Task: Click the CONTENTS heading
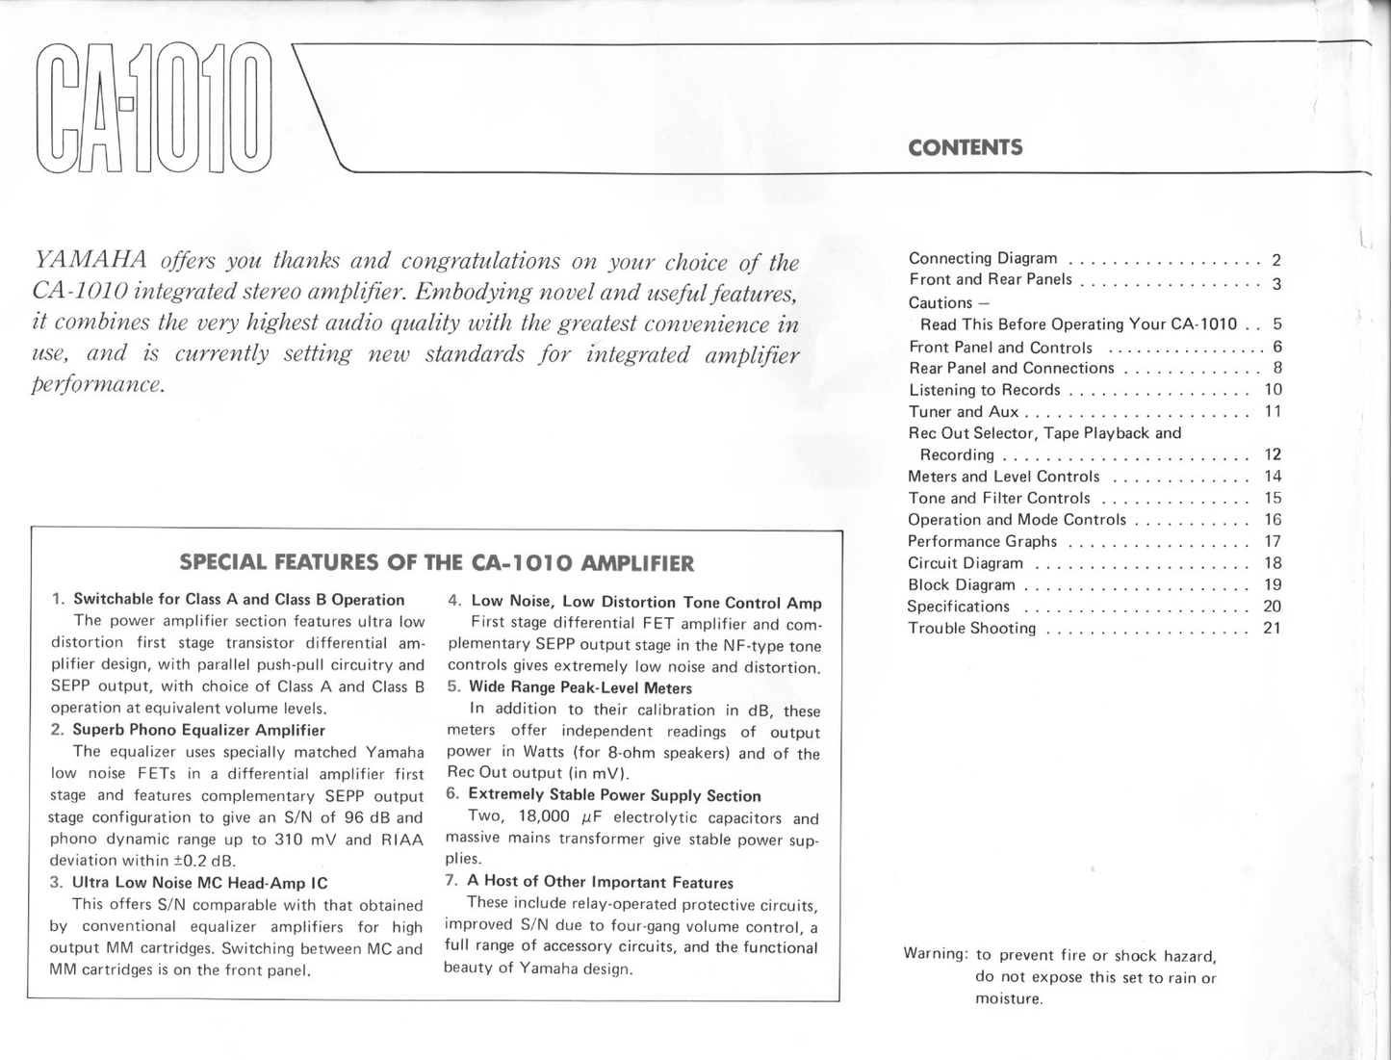point(965,147)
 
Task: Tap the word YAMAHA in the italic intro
point(90,261)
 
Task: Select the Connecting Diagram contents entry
point(983,258)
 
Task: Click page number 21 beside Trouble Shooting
point(1272,629)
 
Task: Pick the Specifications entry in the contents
point(959,607)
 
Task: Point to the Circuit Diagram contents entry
point(966,563)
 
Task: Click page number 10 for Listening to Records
point(1272,390)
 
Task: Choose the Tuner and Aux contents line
point(964,412)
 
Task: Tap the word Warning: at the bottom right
point(936,954)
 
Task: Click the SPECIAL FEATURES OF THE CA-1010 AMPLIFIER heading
point(436,563)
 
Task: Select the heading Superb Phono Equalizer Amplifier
point(198,730)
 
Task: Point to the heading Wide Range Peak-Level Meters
point(580,687)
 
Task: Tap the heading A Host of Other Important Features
point(600,882)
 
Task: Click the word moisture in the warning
point(1009,999)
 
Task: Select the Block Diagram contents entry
point(962,585)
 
